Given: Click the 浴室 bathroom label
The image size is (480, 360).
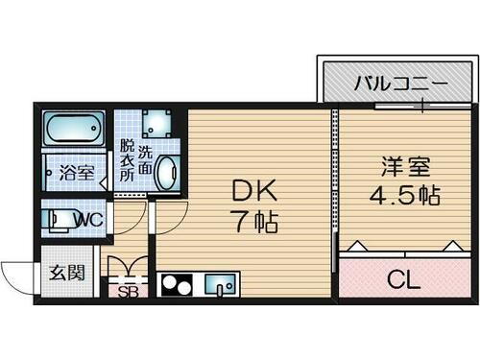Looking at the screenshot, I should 77,175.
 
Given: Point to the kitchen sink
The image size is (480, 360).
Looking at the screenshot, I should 222,285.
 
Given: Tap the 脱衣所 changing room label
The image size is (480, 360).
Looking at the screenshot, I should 126,163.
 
